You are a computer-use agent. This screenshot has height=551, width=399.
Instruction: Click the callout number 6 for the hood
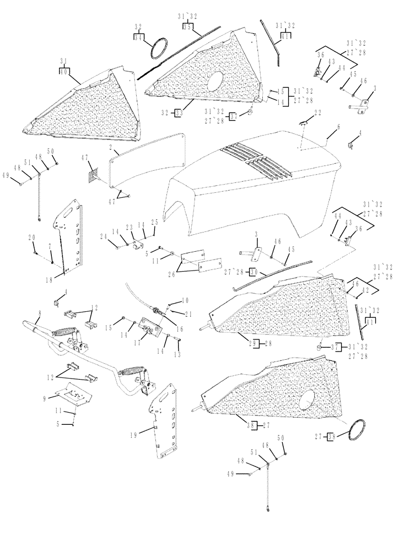click(x=338, y=126)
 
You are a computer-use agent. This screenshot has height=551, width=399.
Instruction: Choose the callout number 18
click(x=49, y=280)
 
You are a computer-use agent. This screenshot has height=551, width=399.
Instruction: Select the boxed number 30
click(x=254, y=271)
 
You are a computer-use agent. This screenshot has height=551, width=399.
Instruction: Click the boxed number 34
click(x=138, y=37)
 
